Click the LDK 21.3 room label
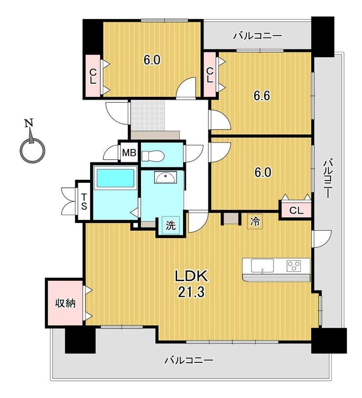point(191,284)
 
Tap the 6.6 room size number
point(262,96)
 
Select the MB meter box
point(129,153)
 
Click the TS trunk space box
point(84,201)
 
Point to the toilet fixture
point(153,155)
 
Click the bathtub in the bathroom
point(115,178)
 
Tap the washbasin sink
point(165,177)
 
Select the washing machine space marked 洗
point(171,225)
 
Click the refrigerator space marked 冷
point(255,221)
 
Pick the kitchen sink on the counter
point(262,265)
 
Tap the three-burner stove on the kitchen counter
point(294,266)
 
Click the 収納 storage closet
point(65,303)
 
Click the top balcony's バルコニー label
point(257,36)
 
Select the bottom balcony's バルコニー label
point(189,360)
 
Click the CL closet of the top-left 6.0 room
point(93,76)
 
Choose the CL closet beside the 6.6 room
point(209,75)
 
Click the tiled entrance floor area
point(148,116)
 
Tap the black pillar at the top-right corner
point(323,37)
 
